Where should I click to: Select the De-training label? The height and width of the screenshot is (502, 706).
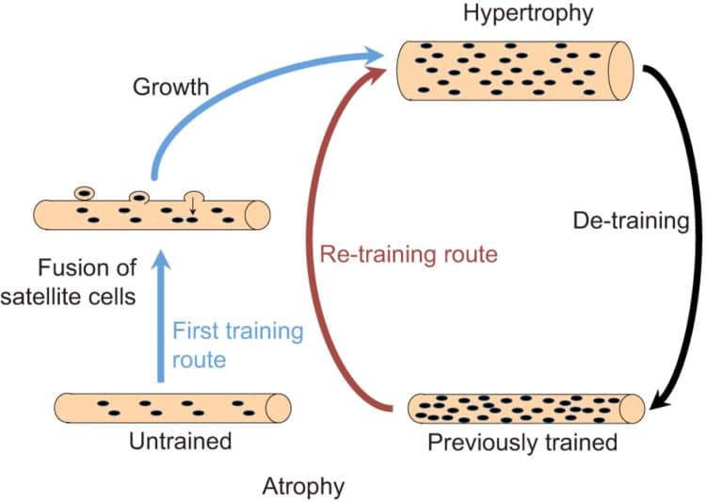coord(633,223)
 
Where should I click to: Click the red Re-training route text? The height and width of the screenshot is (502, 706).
coord(406,254)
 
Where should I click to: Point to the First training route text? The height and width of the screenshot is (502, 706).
coord(239,344)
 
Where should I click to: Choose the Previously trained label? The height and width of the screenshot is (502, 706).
coord(522,442)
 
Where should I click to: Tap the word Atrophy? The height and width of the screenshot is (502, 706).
coord(304,487)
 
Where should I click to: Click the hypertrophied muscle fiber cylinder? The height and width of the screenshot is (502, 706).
coord(513,69)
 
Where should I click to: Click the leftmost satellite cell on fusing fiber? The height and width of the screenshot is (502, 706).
coord(84,192)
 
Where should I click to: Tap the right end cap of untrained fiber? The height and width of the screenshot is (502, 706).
coord(279,407)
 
